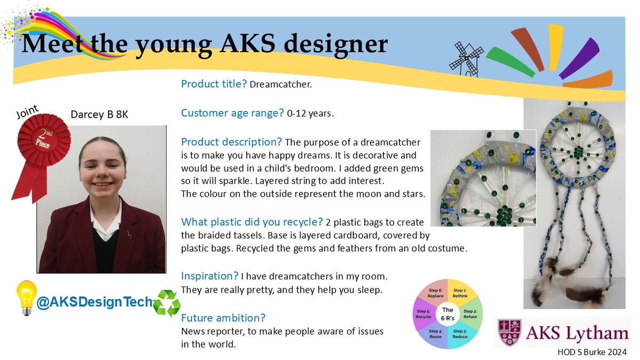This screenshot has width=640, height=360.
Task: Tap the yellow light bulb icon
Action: point(27,298)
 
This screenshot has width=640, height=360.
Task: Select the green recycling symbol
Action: point(166,303)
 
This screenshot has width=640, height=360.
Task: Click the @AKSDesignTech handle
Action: point(94,302)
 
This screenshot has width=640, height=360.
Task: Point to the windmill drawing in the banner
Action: point(466,59)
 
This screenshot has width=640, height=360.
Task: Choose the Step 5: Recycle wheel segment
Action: point(423,314)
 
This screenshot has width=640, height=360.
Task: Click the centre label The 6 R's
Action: point(447,314)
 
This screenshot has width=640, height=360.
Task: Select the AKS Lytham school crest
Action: point(510,333)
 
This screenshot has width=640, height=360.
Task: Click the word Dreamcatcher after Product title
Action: point(281,84)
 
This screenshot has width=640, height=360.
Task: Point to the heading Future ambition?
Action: point(223,318)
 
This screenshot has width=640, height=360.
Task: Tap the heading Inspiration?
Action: point(210,276)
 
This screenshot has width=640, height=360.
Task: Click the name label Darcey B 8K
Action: point(99,115)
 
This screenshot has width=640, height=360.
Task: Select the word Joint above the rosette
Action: point(27,111)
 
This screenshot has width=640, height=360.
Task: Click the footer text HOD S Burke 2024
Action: point(592,353)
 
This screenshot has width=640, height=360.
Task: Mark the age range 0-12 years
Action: point(310,114)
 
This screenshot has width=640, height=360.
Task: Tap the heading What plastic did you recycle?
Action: point(252,222)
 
